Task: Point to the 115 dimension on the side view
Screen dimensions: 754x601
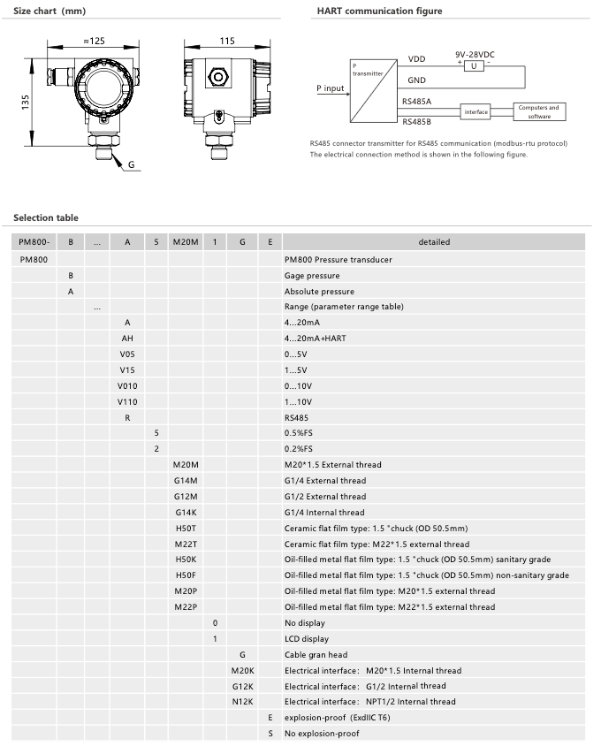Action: pyautogui.click(x=226, y=41)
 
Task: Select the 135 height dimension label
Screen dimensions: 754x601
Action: pyautogui.click(x=26, y=103)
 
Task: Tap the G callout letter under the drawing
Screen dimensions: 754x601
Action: pyautogui.click(x=131, y=164)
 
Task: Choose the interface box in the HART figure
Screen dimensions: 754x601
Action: pyautogui.click(x=475, y=111)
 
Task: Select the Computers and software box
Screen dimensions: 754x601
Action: pyautogui.click(x=538, y=111)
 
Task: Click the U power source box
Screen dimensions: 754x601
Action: pyautogui.click(x=474, y=66)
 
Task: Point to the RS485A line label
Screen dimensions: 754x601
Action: pyautogui.click(x=416, y=102)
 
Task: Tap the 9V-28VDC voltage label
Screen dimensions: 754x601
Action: pyautogui.click(x=475, y=54)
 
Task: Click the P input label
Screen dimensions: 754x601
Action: pyautogui.click(x=330, y=88)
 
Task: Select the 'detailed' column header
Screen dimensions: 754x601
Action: pyautogui.click(x=434, y=242)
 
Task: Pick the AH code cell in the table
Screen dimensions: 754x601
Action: pyautogui.click(x=127, y=338)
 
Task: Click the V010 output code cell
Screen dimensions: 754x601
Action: pyautogui.click(x=127, y=385)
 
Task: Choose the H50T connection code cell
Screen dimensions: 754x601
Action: pyautogui.click(x=186, y=528)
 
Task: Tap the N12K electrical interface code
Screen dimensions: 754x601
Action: pyautogui.click(x=242, y=701)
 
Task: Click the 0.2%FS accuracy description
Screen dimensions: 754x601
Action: pyautogui.click(x=300, y=449)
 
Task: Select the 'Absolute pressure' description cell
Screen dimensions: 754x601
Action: pyautogui.click(x=319, y=291)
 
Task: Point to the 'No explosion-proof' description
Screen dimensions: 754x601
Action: pyautogui.click(x=322, y=733)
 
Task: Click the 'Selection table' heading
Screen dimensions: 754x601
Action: pyautogui.click(x=46, y=217)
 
